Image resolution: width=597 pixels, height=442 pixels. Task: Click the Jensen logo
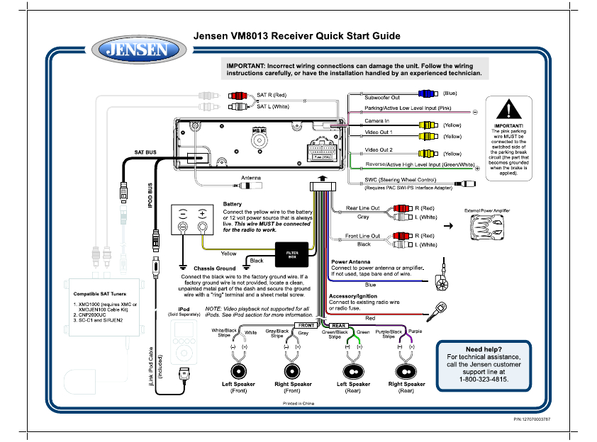click(x=137, y=50)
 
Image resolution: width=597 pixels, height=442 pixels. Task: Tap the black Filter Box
click(x=291, y=254)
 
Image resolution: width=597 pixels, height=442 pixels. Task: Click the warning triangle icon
click(x=508, y=110)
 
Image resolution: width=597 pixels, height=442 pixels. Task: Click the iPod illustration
click(x=184, y=346)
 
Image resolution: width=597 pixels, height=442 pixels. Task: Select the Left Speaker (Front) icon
click(x=238, y=371)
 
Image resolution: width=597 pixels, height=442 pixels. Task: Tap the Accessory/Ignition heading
click(x=353, y=296)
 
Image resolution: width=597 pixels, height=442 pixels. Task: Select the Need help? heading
click(x=484, y=349)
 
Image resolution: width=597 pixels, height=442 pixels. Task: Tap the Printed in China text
click(x=298, y=402)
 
